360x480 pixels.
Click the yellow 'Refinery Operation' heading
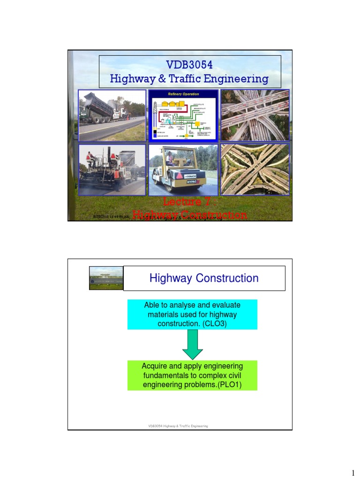(x=184, y=94)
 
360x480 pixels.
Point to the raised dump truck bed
(x=98, y=105)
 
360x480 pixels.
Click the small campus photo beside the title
(x=106, y=278)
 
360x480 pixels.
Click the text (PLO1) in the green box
(x=229, y=386)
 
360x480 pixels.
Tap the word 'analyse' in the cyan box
(x=181, y=305)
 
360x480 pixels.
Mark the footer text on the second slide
(x=178, y=426)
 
